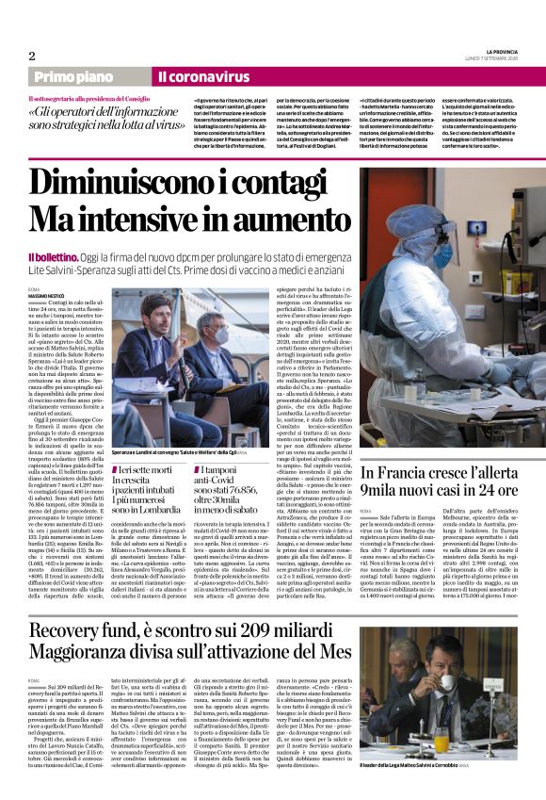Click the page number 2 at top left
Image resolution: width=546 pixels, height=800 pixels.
[32, 56]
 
